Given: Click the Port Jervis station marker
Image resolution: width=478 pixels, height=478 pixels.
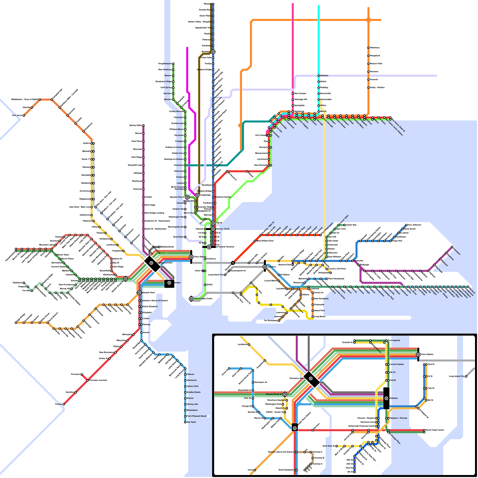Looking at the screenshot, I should pyautogui.click(x=24, y=115).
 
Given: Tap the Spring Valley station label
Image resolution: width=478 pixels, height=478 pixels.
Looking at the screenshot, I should pyautogui.click(x=136, y=125).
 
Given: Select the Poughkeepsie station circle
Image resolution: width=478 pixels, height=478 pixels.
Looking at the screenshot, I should pyautogui.click(x=173, y=64).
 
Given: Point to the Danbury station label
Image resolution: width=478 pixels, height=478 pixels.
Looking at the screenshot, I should pyautogui.click(x=324, y=76).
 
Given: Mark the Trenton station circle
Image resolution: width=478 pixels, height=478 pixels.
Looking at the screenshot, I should pyautogui.click(x=64, y=404).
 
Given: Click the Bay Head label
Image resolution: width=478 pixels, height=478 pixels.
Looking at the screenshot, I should pyautogui.click(x=191, y=422).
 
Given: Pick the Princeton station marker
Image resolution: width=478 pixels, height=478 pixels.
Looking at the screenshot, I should pyautogui.click(x=82, y=374).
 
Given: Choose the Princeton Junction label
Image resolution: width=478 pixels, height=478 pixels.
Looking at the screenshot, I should pyautogui.click(x=98, y=380).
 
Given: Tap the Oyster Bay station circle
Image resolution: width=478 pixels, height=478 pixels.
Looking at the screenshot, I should pyautogui.click(x=344, y=225).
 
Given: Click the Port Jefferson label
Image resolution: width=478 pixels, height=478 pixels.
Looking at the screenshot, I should pyautogui.click(x=414, y=225).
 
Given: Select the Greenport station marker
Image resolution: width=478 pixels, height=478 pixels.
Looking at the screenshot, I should pyautogui.click(x=452, y=247).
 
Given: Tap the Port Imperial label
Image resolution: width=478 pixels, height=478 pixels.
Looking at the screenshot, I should pyautogui.click(x=394, y=341).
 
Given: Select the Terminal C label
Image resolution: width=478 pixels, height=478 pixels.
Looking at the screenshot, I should pyautogui.click(x=317, y=452).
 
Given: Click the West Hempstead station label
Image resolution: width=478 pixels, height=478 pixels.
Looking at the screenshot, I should pyautogui.click(x=336, y=279).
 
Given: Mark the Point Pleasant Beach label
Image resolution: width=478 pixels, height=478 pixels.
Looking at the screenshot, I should pyautogui.click(x=197, y=416).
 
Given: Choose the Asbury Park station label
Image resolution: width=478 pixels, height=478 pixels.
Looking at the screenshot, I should pyautogui.click(x=192, y=386).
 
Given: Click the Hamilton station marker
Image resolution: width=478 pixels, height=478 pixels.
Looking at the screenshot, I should pyautogui.click(x=76, y=392).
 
